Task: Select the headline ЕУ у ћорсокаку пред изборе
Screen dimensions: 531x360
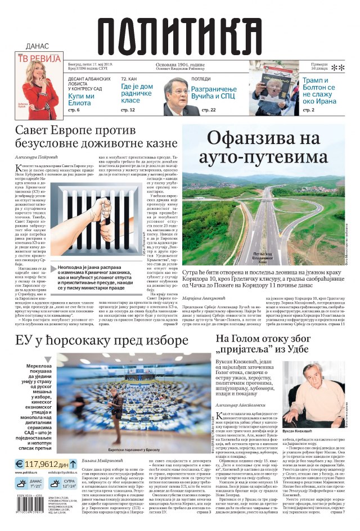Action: pos(102,341)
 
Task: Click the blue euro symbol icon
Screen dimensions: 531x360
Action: pos(20,465)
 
